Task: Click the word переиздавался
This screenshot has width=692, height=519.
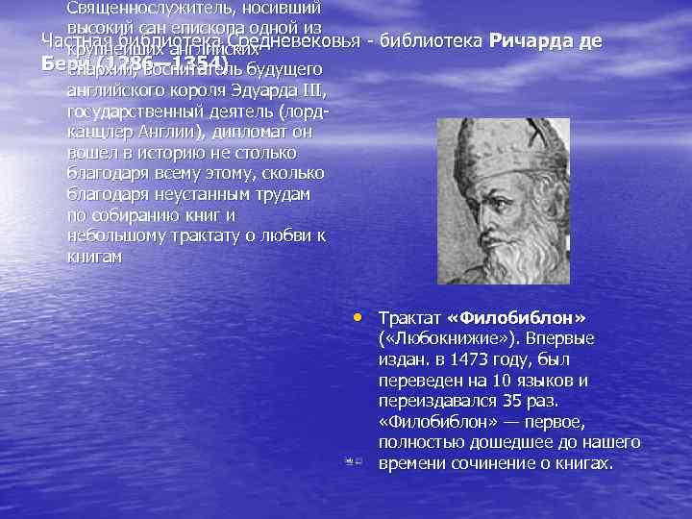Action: [x=429, y=400]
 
